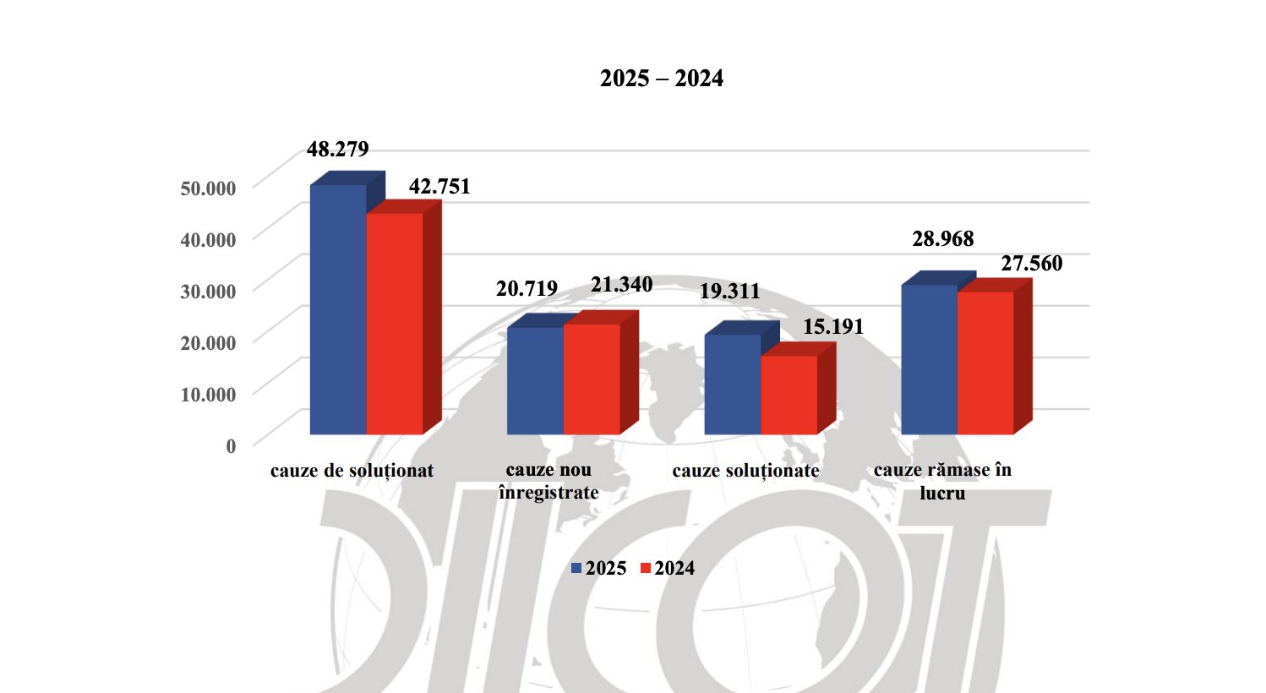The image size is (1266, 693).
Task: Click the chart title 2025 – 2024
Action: [661, 79]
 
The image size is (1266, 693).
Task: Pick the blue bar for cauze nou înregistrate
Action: [535, 380]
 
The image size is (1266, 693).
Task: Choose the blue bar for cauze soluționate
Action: [733, 385]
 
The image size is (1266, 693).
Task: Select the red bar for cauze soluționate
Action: [789, 395]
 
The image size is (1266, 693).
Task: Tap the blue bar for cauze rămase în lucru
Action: [929, 359]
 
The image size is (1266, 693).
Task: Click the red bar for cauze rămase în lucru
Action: [985, 363]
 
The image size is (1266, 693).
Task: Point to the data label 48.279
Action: [338, 150]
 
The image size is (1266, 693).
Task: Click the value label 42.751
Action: [439, 187]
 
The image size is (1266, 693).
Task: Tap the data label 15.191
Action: [833, 327]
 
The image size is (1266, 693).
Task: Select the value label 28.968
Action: [943, 239]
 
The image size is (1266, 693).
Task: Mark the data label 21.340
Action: [622, 285]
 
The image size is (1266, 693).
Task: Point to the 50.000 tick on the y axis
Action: [208, 188]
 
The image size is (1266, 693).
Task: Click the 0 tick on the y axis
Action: [231, 446]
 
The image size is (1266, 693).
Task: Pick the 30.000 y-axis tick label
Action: [208, 292]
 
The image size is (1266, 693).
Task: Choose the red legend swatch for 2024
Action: [646, 569]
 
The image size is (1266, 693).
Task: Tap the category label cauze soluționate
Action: [745, 471]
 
